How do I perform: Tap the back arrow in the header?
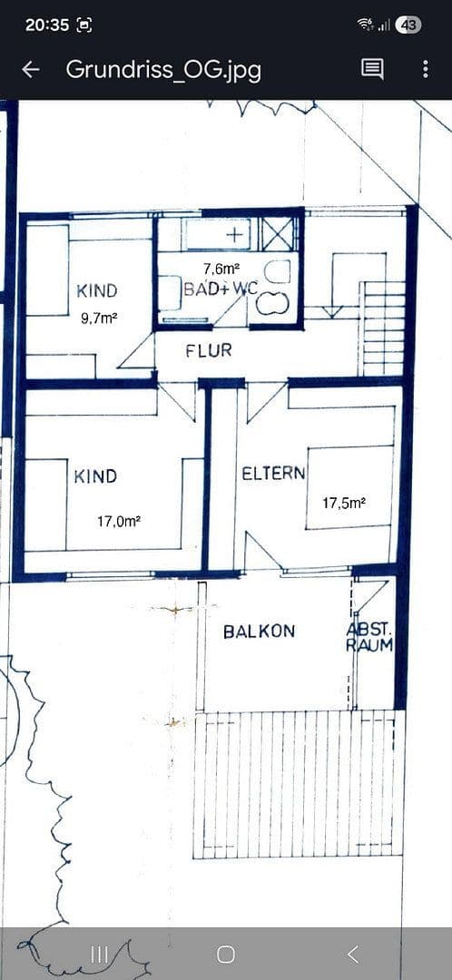coord(30,70)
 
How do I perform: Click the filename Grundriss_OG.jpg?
coord(163,70)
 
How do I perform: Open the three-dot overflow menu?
coord(425,69)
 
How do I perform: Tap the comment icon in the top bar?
coord(372,69)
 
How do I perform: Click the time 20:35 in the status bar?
coord(47,24)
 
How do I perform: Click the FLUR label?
coord(209,350)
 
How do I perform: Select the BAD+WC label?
coord(221,289)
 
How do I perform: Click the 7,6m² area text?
coord(221,269)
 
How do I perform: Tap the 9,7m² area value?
coord(99,318)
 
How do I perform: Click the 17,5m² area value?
coord(344,502)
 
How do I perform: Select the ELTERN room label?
coord(273,474)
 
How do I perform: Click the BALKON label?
coord(260,631)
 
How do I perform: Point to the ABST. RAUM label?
coord(369,637)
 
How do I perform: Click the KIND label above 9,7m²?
coord(97,291)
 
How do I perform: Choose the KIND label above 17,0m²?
coord(95,476)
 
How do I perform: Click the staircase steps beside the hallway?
coord(383,327)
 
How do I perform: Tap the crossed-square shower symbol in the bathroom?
coord(278,233)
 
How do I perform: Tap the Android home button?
coord(226,954)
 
